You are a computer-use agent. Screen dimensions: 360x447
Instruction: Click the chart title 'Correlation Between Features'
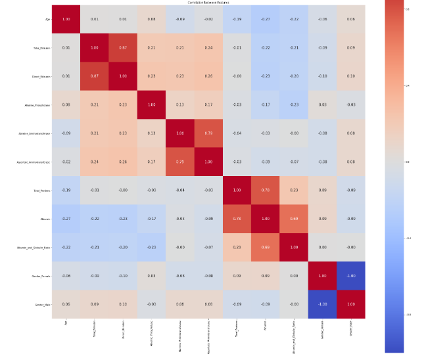point(210,3)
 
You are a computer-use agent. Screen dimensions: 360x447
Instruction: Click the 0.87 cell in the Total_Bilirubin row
point(124,48)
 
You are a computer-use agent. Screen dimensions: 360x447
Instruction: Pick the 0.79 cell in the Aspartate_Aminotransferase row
point(180,162)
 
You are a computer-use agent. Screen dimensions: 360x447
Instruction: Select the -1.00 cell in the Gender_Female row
point(352,275)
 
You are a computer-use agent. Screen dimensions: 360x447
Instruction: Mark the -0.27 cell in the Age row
point(266,19)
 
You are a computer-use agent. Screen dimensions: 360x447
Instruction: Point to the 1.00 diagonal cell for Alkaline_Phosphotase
point(152,105)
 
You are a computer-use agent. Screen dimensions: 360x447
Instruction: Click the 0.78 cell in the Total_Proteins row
point(266,190)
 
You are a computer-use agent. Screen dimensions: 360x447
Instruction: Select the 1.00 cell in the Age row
point(66,19)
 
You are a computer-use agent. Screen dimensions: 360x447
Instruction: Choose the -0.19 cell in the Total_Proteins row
point(66,190)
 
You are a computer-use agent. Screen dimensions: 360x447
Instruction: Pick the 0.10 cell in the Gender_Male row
point(124,304)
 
